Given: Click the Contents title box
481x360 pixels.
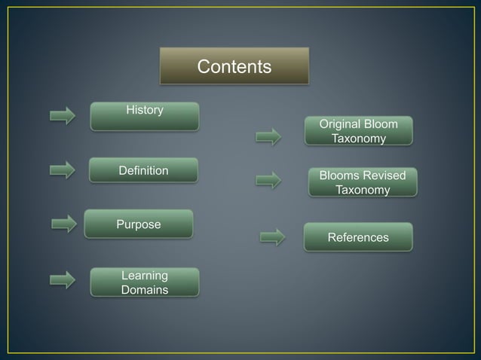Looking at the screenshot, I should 234,66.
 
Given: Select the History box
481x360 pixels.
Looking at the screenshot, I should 145,116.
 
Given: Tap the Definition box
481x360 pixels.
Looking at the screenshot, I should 143,170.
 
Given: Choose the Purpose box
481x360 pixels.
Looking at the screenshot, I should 139,224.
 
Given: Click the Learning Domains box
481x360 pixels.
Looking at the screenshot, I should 145,282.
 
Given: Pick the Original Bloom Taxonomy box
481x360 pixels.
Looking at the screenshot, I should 359,130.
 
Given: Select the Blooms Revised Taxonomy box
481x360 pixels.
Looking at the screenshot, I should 363,182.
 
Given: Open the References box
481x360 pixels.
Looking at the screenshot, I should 358,237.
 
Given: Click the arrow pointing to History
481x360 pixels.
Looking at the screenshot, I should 63,116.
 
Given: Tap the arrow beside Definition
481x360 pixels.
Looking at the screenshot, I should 63,170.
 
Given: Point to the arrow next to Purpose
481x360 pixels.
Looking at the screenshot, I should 64,224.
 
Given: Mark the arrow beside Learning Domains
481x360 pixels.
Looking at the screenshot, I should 63,280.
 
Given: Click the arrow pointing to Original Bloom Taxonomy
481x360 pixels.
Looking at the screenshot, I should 268,137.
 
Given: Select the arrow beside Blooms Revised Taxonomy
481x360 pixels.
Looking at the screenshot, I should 268,180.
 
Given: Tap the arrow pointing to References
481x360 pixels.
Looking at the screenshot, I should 273,237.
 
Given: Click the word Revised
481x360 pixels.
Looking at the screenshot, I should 384,175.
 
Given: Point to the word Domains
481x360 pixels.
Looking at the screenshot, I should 145,289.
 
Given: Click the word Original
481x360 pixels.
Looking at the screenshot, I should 340,124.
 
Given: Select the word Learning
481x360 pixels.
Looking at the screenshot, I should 145,275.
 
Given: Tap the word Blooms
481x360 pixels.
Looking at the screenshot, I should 339,175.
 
